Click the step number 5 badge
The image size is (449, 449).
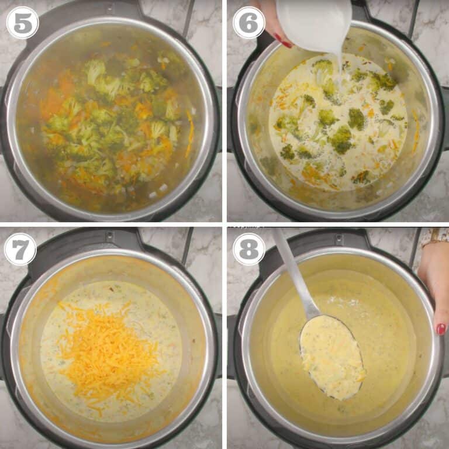coord(22,23)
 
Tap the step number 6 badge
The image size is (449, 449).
coord(249,23)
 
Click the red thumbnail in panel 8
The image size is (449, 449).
coord(441,329)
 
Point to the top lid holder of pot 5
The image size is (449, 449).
coord(111,8)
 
